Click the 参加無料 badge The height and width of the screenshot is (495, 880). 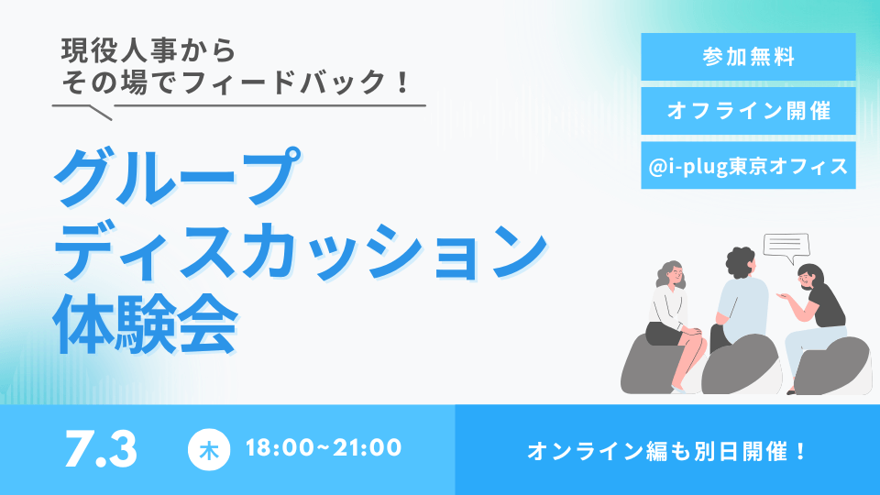(748, 57)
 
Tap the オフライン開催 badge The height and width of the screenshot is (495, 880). (748, 111)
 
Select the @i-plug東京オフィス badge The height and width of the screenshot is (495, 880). (748, 165)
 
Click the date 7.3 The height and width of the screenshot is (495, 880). (101, 449)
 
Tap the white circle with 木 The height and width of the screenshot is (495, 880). (209, 449)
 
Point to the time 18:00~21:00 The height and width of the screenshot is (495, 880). (324, 448)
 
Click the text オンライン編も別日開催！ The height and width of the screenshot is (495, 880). (667, 451)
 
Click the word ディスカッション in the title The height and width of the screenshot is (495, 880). (301, 251)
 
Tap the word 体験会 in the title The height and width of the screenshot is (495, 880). (146, 323)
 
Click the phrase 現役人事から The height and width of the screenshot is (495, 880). (148, 50)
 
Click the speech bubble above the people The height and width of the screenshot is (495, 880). (786, 246)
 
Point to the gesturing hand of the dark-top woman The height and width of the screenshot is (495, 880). (782, 295)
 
